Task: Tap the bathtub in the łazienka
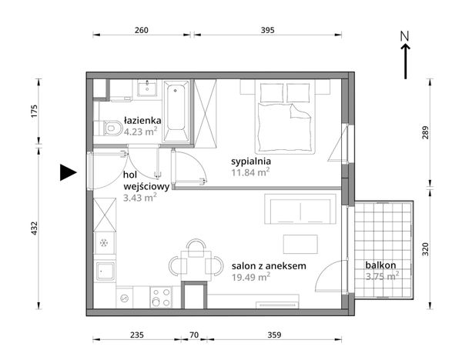(176, 112)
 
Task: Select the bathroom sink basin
(147, 88)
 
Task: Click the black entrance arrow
(69, 172)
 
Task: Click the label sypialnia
(251, 162)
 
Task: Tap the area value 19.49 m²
(251, 277)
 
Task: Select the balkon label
(380, 265)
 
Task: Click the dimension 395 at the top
(267, 30)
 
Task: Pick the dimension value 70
(194, 335)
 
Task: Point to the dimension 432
(35, 228)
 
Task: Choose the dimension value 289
(425, 132)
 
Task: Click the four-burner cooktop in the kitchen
(161, 297)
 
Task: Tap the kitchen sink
(105, 272)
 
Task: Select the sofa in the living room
(300, 209)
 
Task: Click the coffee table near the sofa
(300, 244)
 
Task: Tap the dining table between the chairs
(196, 265)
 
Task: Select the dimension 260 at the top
(142, 30)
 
